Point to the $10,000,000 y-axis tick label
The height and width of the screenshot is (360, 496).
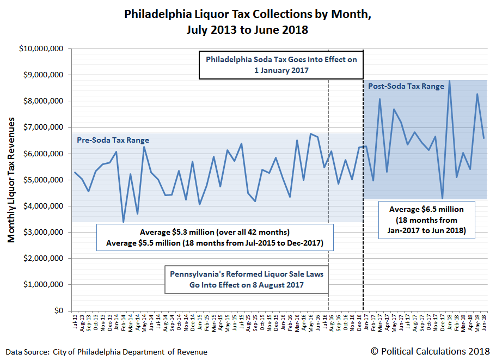41,49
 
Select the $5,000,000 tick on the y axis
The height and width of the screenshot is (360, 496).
44,180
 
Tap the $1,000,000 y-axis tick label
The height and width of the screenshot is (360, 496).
44,285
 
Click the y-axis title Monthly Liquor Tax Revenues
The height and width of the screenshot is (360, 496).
11,180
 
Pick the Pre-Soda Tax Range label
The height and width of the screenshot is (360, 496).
113,141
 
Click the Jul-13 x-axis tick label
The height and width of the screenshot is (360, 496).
75,322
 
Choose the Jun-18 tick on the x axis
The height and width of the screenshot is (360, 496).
484,322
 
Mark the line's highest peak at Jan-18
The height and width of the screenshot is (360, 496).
449,81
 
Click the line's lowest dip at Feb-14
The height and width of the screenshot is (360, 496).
123,222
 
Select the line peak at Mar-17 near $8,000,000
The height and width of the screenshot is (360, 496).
379,99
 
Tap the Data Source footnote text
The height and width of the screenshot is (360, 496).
107,352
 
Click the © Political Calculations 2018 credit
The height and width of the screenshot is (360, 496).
430,351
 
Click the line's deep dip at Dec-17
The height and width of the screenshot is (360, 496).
442,198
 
